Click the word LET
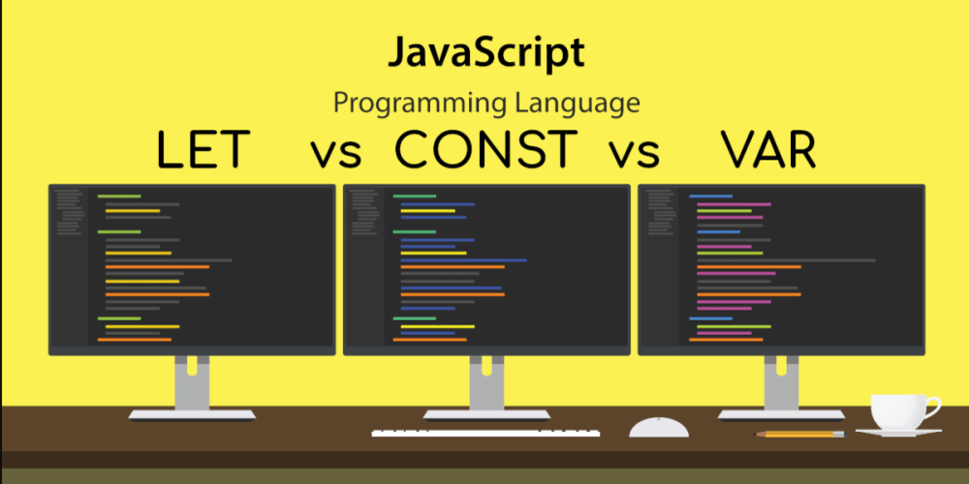203,151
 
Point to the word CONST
486,151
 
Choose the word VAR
767,151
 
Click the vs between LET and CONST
336,154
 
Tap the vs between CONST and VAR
635,154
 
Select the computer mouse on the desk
659,427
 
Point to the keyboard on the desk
485,432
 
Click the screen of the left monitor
192,267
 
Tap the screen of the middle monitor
485,267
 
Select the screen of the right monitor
781,267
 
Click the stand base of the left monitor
192,414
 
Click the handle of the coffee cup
934,405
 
